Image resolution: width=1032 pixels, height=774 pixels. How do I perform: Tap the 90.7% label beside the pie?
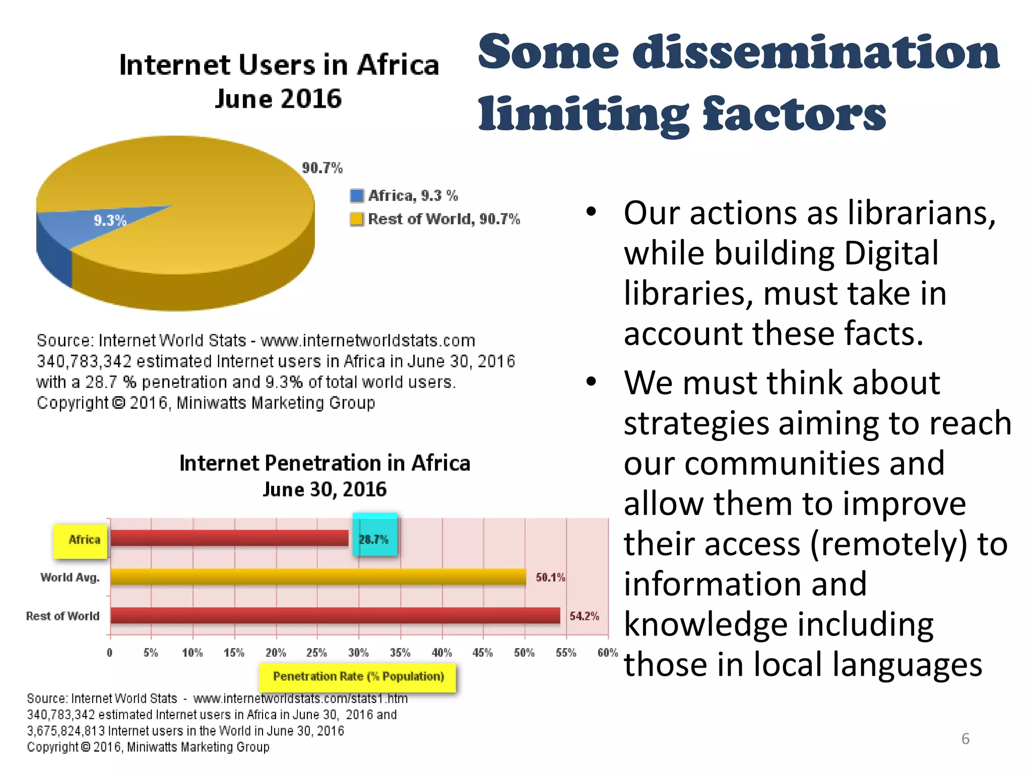point(322,168)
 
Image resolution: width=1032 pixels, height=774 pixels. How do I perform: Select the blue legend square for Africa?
point(357,196)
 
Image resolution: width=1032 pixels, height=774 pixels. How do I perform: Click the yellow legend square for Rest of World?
point(357,219)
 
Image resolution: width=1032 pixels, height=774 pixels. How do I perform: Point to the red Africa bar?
point(229,538)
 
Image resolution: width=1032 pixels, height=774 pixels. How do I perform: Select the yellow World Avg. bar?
point(317,577)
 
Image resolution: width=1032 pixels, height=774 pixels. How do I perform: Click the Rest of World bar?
point(335,615)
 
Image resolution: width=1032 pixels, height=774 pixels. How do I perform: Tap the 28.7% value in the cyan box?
point(374,540)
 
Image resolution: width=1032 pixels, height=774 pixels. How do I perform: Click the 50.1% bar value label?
point(550,577)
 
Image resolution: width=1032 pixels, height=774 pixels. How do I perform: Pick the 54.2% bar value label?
point(585,616)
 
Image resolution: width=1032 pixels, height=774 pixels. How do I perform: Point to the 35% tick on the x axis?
point(400,653)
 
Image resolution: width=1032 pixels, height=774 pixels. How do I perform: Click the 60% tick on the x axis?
point(608,653)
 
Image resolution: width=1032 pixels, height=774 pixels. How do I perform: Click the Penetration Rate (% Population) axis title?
point(358,677)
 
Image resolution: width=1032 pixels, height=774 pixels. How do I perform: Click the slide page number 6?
point(965,739)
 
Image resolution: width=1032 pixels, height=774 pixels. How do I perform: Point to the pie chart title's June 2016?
point(278,99)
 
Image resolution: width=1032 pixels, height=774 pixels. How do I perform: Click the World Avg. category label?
point(70,577)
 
